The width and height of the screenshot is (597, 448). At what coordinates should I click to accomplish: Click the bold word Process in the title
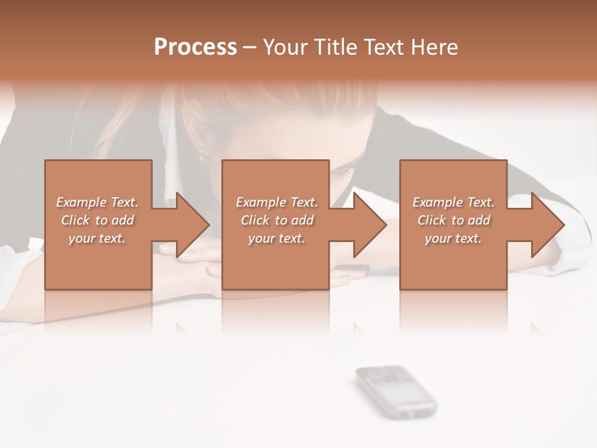coord(195,47)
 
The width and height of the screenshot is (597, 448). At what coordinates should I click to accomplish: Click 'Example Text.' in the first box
coord(98,202)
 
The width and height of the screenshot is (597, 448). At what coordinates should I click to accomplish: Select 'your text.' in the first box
coord(98,238)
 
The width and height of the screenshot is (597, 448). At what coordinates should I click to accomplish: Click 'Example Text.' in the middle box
coord(277,202)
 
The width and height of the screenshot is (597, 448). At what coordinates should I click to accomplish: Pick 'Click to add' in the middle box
coord(277,220)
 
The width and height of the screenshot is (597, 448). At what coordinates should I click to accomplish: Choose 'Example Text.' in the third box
coord(453,202)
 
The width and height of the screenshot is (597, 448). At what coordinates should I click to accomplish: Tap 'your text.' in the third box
coord(453,238)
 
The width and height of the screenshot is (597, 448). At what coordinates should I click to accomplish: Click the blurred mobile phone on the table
coord(396,390)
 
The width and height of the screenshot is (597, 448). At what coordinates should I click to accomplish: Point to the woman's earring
coord(202,153)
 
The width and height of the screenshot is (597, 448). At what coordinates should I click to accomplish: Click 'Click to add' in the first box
coord(98,220)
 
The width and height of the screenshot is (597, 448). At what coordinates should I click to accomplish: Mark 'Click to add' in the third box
coord(453,220)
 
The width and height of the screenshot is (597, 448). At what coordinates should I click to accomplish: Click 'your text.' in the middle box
coord(277,238)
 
